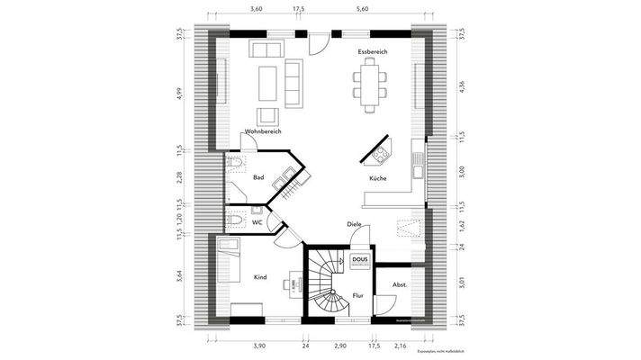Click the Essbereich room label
pyautogui.click(x=372, y=53)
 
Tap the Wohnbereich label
pyautogui.click(x=263, y=131)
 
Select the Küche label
pyautogui.click(x=377, y=179)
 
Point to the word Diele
pyautogui.click(x=354, y=223)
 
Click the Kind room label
pyautogui.click(x=260, y=277)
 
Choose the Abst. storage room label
pyautogui.click(x=400, y=285)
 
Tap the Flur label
pyautogui.click(x=357, y=294)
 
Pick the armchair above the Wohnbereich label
pyautogui.click(x=268, y=116)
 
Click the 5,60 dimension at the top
pyautogui.click(x=363, y=8)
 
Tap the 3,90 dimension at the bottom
pyautogui.click(x=258, y=346)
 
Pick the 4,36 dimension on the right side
pyautogui.click(x=461, y=86)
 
